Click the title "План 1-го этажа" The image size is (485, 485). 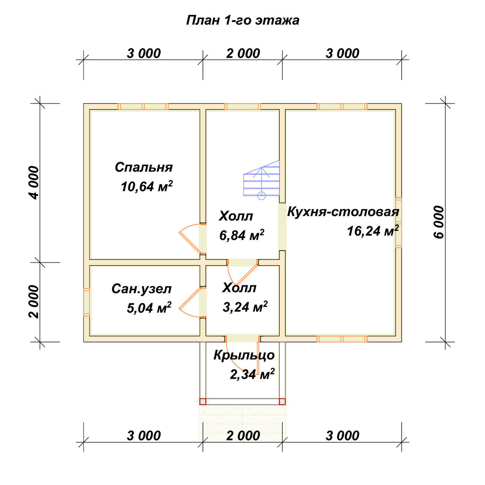242,20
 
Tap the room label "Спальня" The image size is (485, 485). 144,167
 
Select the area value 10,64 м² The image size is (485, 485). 147,186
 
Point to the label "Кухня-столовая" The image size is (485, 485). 343,212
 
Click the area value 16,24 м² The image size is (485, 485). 373,231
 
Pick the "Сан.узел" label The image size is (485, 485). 141,289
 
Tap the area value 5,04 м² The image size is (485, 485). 149,308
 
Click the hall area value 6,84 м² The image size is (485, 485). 242,235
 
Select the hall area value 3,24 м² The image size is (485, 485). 245,307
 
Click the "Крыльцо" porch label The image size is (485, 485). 244,355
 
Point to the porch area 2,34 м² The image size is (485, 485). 252,374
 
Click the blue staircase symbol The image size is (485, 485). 261,180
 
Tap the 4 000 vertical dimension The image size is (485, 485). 34,183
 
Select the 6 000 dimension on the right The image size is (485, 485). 439,222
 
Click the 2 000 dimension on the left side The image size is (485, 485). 34,302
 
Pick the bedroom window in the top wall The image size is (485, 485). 143,106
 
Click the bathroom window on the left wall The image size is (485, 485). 87,302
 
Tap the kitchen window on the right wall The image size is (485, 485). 398,222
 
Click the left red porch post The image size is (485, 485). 203,401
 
